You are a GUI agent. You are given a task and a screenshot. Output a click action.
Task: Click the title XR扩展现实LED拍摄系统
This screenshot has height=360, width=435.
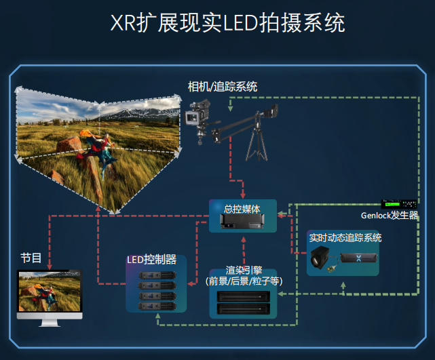[227, 23]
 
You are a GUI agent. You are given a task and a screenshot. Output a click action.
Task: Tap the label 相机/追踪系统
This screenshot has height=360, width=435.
[223, 87]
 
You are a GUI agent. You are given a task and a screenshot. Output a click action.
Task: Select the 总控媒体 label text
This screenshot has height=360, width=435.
[242, 209]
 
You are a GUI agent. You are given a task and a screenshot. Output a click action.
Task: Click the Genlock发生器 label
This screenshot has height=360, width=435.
[390, 216]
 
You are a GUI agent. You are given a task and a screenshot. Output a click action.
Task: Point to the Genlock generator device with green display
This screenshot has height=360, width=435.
[399, 204]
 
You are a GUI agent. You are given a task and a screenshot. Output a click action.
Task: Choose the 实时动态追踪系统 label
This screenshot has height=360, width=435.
[345, 238]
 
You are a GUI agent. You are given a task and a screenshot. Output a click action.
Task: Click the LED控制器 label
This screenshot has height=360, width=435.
[152, 260]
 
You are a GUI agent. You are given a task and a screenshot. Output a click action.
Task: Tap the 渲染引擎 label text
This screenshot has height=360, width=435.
[244, 270]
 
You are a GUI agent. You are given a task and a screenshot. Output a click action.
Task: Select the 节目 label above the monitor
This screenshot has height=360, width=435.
[31, 258]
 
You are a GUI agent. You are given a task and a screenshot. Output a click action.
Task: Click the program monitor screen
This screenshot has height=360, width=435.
[50, 292]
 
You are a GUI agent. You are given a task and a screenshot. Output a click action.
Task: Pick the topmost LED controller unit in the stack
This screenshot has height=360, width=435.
[157, 275]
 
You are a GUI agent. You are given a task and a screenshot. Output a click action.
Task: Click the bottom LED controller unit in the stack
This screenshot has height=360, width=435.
[157, 306]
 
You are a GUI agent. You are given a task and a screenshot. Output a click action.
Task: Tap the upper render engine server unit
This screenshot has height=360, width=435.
[244, 296]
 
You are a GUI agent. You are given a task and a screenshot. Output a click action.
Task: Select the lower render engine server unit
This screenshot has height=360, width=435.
[244, 308]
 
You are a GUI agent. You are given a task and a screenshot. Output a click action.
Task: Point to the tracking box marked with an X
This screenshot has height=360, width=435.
[359, 258]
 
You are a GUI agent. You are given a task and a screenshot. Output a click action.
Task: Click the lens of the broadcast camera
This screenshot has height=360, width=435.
[192, 118]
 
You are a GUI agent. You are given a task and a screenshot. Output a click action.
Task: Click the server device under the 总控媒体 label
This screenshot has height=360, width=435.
[242, 222]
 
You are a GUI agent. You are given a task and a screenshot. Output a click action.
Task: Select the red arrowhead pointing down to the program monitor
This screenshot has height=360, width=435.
[50, 267]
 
